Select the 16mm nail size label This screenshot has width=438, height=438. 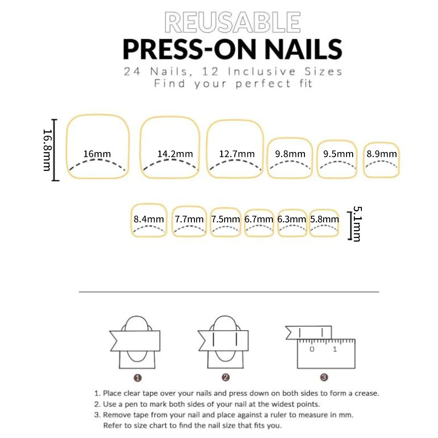97,154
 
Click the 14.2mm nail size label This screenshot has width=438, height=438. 175,154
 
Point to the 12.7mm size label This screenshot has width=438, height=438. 237,154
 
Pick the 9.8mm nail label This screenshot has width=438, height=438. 290,154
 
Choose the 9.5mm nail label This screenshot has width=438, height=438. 338,154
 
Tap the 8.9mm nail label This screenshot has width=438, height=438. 382,154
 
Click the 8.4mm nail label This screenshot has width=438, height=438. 149,219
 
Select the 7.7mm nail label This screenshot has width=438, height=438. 189,219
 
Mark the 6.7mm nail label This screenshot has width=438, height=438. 259,219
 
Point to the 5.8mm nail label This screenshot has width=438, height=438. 324,219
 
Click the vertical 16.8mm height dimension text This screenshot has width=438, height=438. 47,150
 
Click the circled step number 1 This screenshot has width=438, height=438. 138,377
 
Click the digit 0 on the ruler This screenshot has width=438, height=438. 312,349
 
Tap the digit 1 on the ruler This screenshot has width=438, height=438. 335,349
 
